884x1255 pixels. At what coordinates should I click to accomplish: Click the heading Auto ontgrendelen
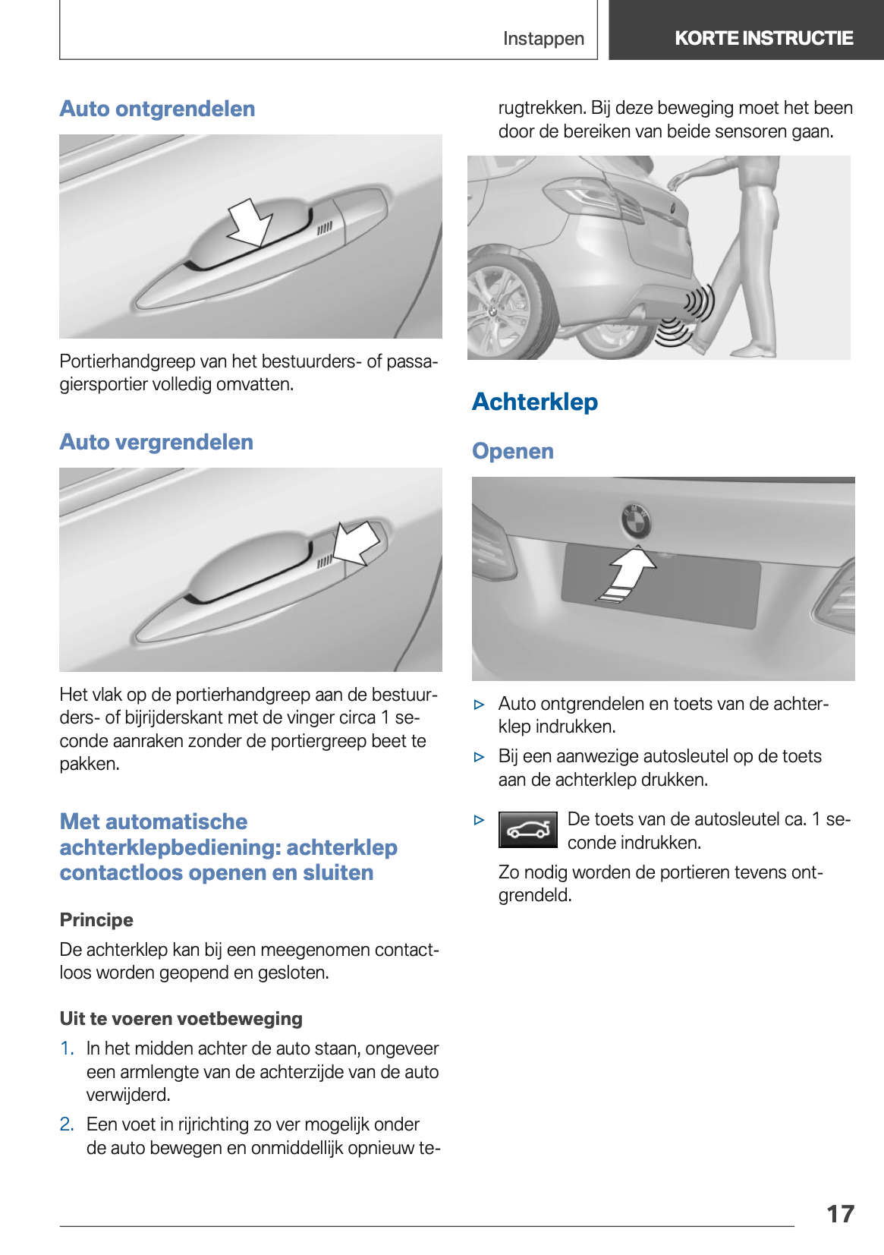pos(157,109)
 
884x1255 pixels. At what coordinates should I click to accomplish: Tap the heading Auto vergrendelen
pos(156,442)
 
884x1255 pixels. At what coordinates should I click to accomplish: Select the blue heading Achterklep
pos(535,402)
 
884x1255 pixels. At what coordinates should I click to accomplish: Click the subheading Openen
pos(513,451)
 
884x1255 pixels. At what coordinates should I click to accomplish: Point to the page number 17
pos(840,1213)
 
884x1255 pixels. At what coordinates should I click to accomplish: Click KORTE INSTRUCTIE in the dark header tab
pos(763,38)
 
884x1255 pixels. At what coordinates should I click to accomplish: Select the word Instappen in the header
pos(543,39)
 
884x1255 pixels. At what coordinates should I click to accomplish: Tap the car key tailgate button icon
pos(528,830)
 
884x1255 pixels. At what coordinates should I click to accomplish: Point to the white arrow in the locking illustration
pos(357,541)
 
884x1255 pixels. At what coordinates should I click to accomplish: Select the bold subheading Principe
pos(96,920)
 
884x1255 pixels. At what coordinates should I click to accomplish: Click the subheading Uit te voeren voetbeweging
pos(181,1019)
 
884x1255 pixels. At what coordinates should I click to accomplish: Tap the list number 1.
pos(67,1048)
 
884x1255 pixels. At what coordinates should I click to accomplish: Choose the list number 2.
pos(67,1124)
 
